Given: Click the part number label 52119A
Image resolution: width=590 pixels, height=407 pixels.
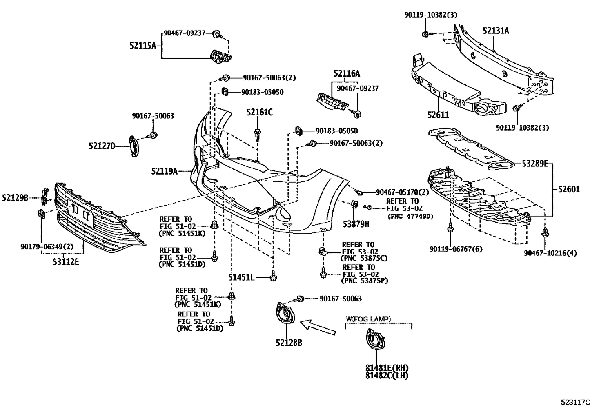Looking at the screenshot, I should click(x=164, y=171).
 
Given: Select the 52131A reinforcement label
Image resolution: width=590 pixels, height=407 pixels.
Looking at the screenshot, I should click(x=496, y=31).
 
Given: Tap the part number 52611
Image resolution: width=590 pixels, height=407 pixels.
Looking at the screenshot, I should click(x=438, y=115).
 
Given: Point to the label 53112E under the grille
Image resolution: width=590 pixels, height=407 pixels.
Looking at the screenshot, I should click(x=65, y=262).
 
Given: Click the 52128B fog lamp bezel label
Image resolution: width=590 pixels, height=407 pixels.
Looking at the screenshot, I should click(x=289, y=343).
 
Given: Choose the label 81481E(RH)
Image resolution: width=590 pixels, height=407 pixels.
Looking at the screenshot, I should click(x=387, y=368).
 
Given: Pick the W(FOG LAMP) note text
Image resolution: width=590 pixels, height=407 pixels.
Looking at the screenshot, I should click(x=368, y=319).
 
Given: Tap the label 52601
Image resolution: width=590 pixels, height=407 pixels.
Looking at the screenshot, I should click(x=569, y=189).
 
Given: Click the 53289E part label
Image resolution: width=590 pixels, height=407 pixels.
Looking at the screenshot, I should click(x=534, y=164).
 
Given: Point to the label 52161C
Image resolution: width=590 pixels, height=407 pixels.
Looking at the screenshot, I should click(x=259, y=112).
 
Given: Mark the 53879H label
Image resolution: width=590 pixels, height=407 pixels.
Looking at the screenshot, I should click(x=356, y=223).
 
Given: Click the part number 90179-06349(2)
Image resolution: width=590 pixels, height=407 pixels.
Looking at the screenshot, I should click(x=47, y=246).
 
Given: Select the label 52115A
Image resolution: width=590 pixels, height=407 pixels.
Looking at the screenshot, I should click(x=143, y=46).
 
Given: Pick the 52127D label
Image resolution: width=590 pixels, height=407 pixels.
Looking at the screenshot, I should click(x=102, y=146).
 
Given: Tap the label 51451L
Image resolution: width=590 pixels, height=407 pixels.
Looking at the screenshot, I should click(x=241, y=278).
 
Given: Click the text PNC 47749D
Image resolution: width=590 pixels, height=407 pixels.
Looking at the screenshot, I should click(x=410, y=216).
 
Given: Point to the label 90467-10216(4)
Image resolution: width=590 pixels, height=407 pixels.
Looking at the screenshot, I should click(x=550, y=253).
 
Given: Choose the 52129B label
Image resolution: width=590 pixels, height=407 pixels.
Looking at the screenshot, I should click(x=15, y=198).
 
